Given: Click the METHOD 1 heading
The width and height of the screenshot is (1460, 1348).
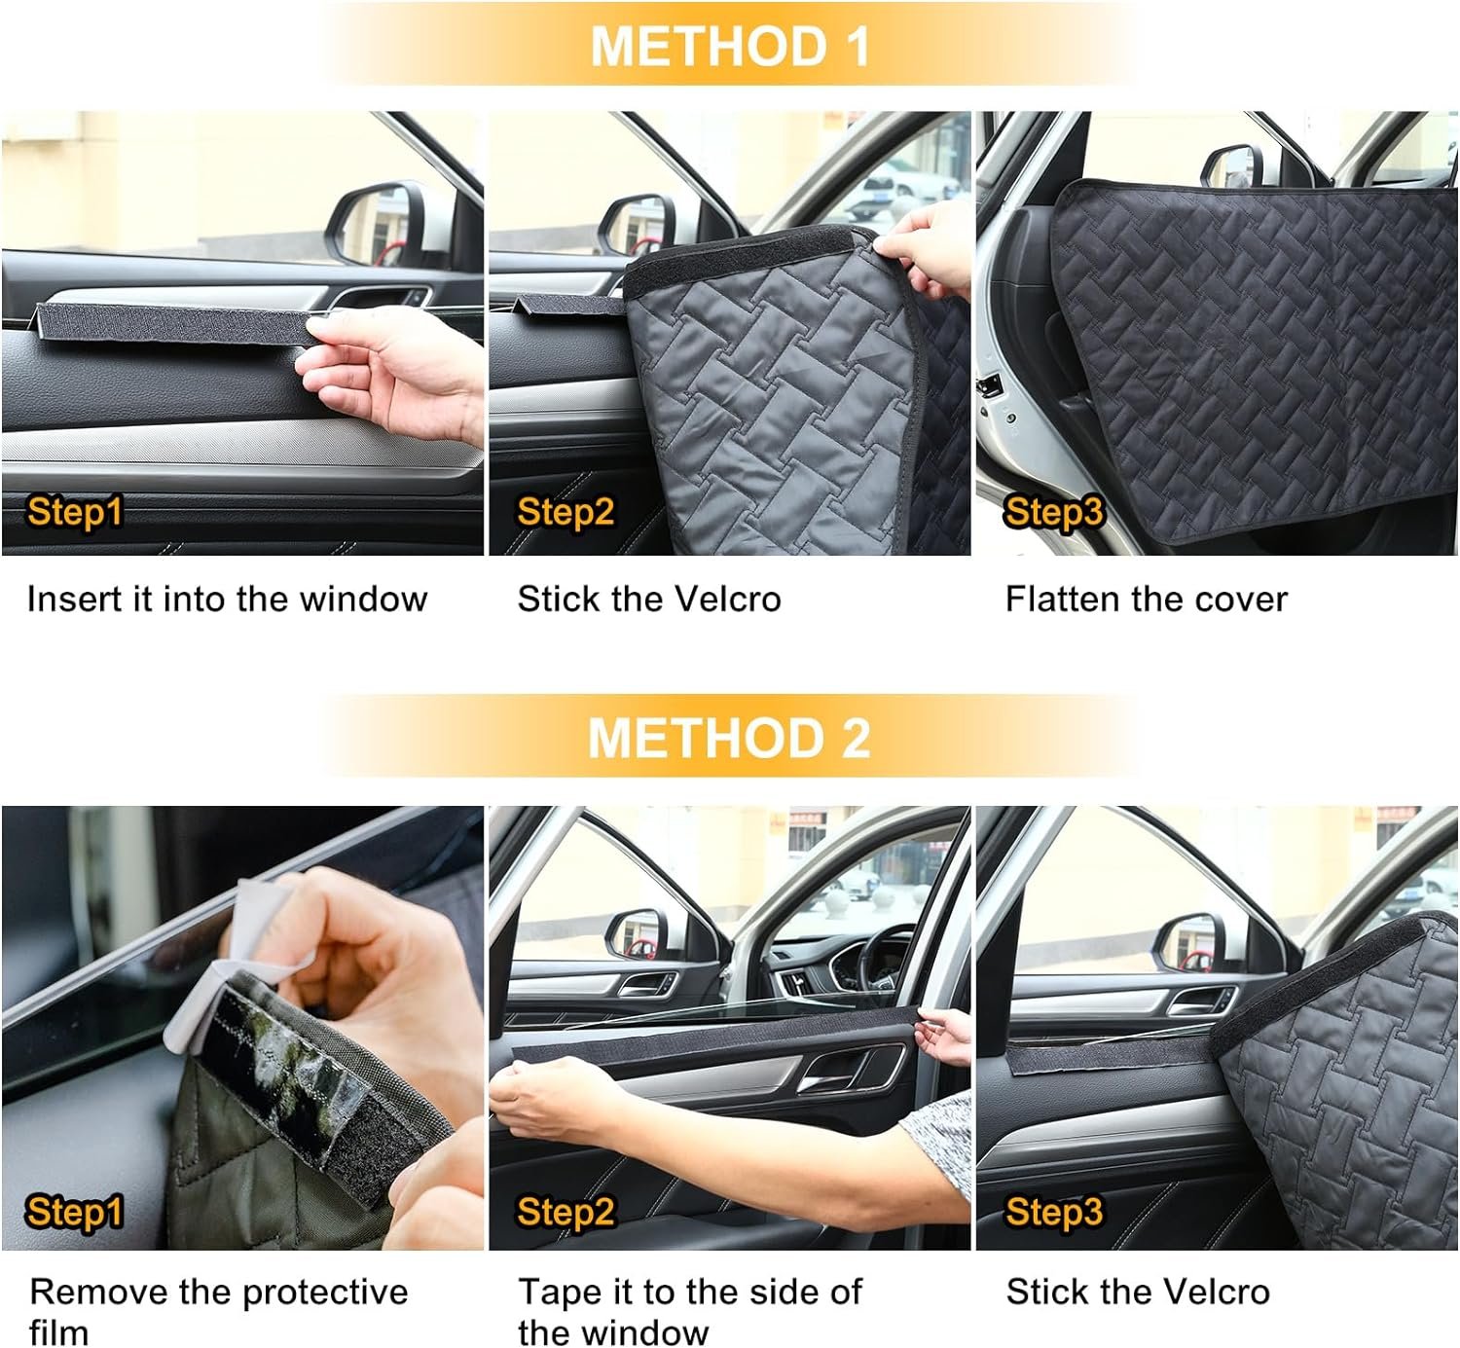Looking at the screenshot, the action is pos(730,47).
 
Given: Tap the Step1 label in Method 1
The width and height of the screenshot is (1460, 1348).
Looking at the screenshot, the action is pos(74,512).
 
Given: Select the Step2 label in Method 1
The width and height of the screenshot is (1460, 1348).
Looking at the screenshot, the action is pos(566,512).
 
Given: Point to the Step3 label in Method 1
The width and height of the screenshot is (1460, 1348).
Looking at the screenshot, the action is pos(1053,512).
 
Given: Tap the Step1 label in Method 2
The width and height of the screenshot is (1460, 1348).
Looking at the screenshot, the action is pos(74,1211).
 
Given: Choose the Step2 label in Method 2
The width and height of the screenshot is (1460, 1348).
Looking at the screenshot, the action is pos(566,1211).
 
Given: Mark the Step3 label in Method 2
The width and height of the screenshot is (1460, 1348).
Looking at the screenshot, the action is pos(1053,1211).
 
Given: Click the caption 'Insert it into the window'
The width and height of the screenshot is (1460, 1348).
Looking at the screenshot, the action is pos(227,600).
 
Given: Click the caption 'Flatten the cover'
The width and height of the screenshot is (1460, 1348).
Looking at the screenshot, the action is pos(1146,600).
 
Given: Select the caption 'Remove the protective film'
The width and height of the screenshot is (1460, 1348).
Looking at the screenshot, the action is pos(218,1313).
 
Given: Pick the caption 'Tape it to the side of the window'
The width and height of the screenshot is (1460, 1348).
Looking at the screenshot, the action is pos(689,1313).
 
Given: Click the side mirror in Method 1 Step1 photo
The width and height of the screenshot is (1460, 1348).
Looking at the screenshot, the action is pos(383,225).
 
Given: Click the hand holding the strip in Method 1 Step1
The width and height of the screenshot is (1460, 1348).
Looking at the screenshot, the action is pos(393,375).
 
